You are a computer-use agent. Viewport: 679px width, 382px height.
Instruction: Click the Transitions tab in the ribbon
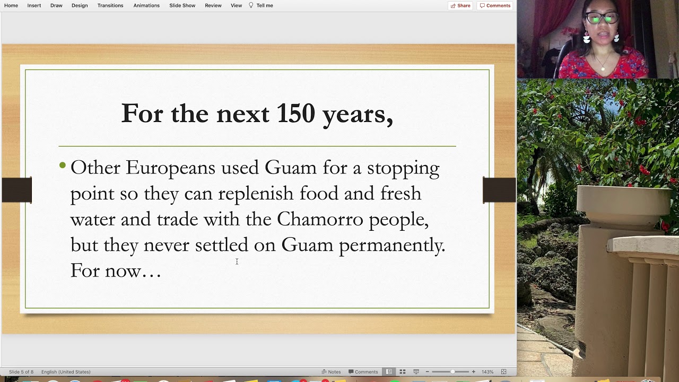click(110, 5)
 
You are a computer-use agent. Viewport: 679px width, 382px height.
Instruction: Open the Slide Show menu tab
click(182, 5)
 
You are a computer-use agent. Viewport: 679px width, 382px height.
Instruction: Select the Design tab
click(80, 5)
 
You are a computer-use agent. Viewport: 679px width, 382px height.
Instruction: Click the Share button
click(460, 5)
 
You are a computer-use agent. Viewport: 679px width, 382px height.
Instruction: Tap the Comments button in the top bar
click(495, 5)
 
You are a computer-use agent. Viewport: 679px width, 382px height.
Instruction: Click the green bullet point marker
click(63, 166)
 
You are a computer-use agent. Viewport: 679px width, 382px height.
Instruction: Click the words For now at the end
click(115, 271)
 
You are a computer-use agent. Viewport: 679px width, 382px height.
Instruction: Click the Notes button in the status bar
click(331, 372)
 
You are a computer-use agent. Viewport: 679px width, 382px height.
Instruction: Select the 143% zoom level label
click(487, 372)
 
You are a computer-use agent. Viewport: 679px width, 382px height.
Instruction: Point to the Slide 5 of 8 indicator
click(21, 372)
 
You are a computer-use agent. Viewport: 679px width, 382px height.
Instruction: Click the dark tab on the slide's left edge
click(16, 190)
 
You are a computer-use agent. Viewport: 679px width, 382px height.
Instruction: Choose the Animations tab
click(146, 5)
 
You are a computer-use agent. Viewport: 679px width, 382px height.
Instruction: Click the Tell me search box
click(264, 5)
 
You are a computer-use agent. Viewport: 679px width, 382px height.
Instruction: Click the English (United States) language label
click(66, 372)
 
